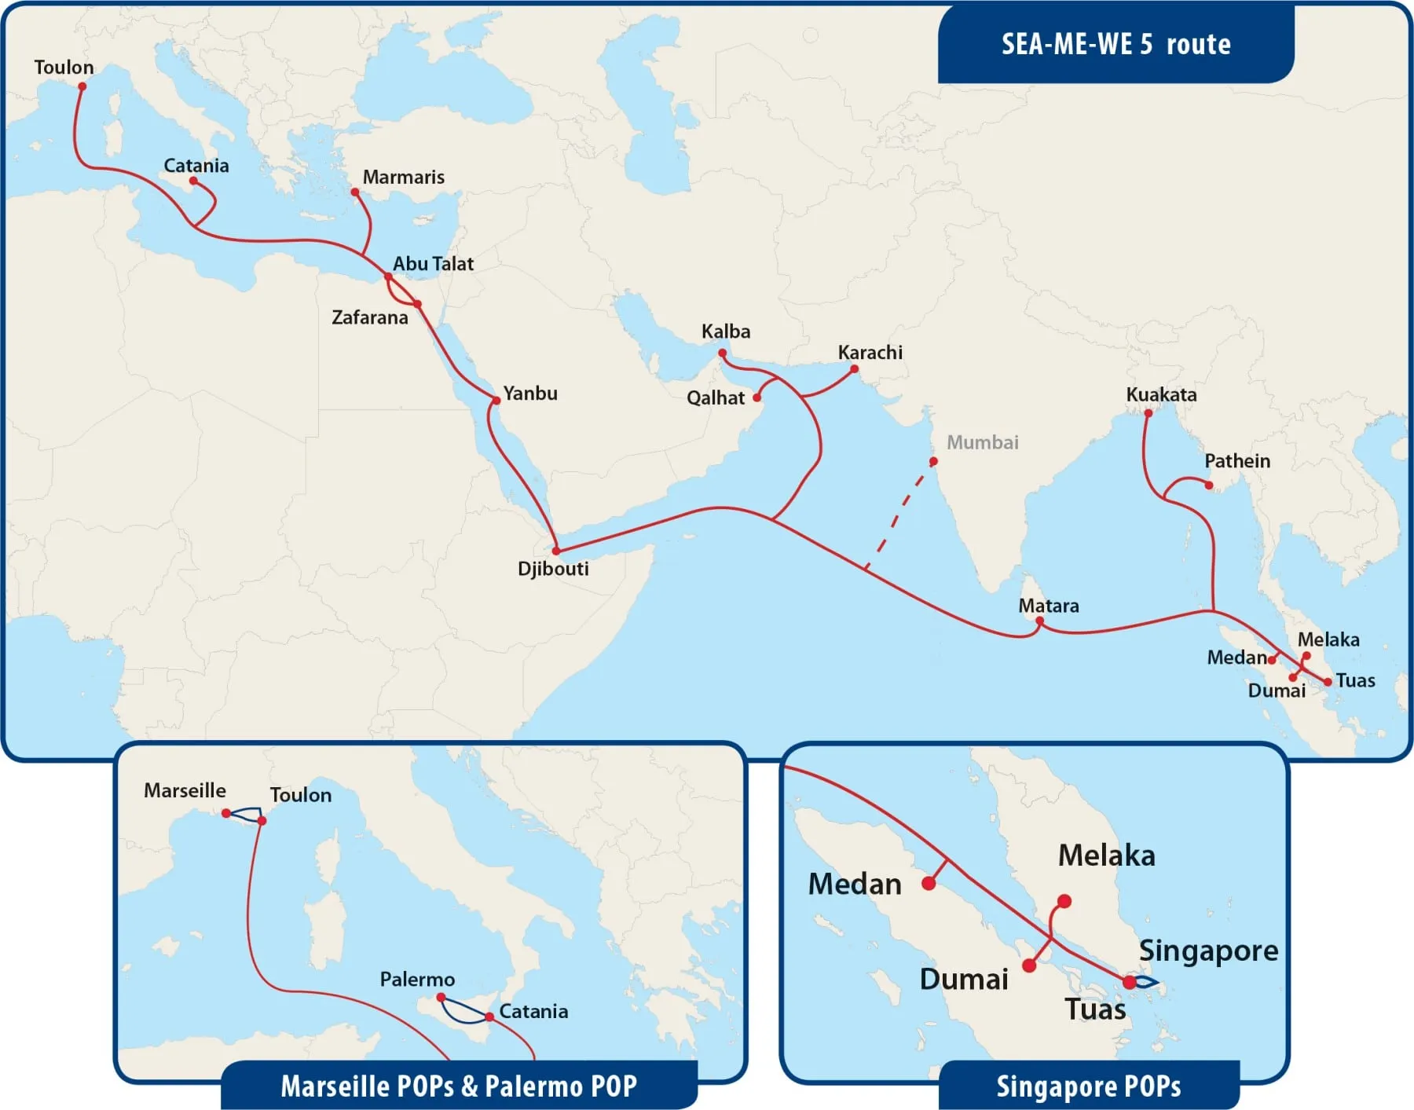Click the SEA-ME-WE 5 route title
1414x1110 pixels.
tap(1115, 44)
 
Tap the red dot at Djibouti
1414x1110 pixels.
tap(556, 551)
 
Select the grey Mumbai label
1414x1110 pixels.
tap(982, 442)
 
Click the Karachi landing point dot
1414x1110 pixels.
tap(854, 368)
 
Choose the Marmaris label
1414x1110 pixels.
tap(403, 178)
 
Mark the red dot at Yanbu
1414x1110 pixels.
tap(496, 401)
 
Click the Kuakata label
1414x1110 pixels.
tap(1161, 394)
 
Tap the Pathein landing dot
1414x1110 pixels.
tap(1208, 485)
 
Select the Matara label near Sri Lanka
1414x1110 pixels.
tap(1048, 606)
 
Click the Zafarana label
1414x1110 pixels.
tap(369, 317)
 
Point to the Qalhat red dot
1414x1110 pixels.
tap(757, 397)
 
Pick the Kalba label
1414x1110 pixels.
tap(725, 332)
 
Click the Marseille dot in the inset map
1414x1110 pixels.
tap(226, 813)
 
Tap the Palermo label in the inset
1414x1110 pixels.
tap(417, 980)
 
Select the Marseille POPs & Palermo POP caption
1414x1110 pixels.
tap(459, 1086)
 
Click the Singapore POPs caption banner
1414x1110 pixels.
tap(1088, 1086)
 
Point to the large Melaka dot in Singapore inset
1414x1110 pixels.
tap(1064, 901)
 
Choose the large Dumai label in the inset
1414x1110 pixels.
tap(964, 980)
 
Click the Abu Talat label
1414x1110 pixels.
tap(433, 264)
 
